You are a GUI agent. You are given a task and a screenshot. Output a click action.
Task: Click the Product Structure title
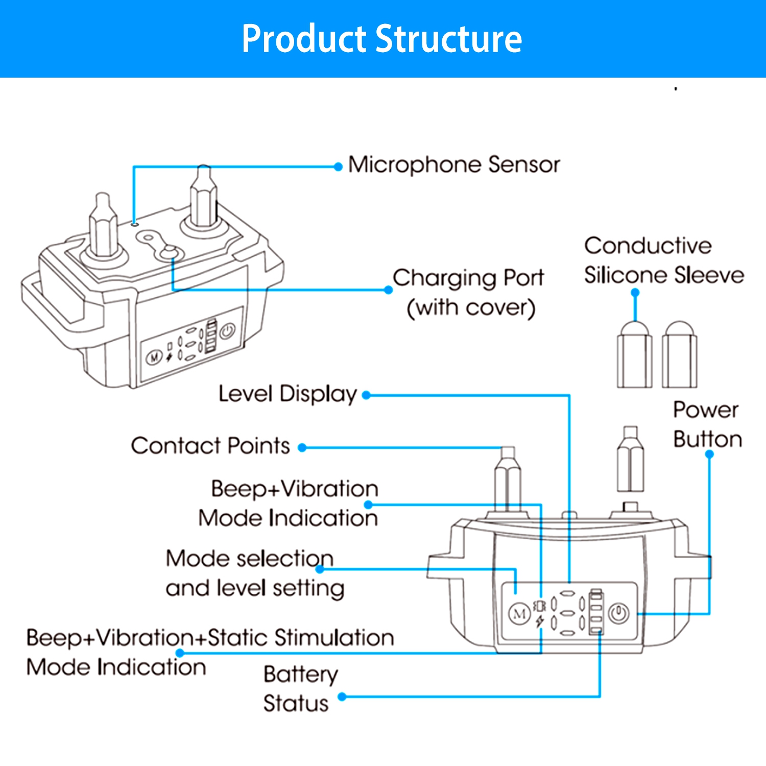pyautogui.click(x=382, y=39)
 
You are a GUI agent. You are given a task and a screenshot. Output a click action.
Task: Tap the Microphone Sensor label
pyautogui.click(x=454, y=165)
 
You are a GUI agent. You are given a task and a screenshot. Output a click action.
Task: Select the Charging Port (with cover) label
pyautogui.click(x=469, y=293)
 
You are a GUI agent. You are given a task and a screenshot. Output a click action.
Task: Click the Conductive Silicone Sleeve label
pyautogui.click(x=663, y=260)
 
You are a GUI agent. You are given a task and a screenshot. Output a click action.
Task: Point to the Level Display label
pyautogui.click(x=288, y=394)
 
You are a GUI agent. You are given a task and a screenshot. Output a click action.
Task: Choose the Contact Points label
pyautogui.click(x=210, y=446)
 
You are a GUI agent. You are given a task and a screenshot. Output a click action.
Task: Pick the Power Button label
pyautogui.click(x=707, y=425)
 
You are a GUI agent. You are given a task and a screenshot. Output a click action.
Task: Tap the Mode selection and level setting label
pyautogui.click(x=254, y=573)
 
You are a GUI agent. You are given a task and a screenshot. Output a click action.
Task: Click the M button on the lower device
pyautogui.click(x=519, y=613)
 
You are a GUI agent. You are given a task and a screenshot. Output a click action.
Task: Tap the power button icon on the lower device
pyautogui.click(x=619, y=613)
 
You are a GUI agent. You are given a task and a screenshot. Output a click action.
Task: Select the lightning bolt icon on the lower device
pyautogui.click(x=540, y=621)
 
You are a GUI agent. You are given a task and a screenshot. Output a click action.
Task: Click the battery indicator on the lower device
pyautogui.click(x=596, y=612)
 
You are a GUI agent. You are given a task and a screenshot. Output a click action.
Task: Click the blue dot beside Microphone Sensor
pyautogui.click(x=338, y=167)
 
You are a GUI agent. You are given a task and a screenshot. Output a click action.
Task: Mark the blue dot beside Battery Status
pyautogui.click(x=343, y=697)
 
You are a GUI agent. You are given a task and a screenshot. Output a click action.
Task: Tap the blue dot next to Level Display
pyautogui.click(x=366, y=395)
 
